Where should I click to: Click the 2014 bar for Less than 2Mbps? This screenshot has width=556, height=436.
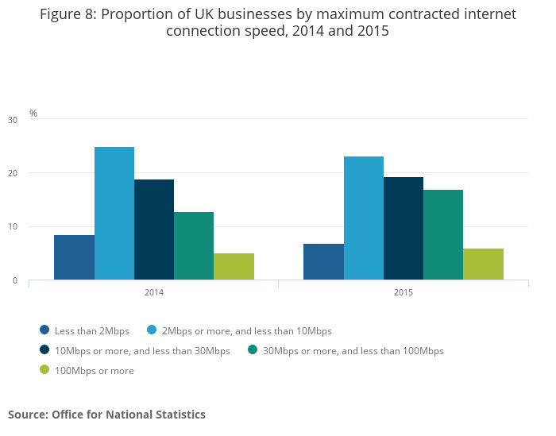coord(74,257)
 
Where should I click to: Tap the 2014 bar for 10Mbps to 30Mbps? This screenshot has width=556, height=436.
coord(154,230)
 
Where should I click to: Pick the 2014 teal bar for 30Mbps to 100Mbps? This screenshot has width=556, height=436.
coord(194,245)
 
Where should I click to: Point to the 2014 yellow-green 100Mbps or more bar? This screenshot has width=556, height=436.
coord(234,266)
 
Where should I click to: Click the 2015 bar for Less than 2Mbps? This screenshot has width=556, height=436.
coord(323,261)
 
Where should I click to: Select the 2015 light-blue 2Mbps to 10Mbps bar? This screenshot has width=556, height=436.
coord(364,218)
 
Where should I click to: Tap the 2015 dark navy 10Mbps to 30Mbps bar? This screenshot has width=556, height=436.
coord(403,228)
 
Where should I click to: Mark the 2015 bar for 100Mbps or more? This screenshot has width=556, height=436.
coord(483,264)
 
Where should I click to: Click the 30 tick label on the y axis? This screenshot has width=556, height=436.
coord(12,120)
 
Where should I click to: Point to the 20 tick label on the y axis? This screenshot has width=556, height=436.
coord(12,173)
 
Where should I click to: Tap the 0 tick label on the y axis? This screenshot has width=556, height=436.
coord(14,280)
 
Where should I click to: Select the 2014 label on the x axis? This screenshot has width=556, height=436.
coord(154,292)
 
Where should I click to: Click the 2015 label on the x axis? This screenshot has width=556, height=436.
coord(403,292)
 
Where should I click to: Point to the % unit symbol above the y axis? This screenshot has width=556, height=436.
coord(33,113)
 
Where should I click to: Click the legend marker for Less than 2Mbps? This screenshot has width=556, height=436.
coord(44,330)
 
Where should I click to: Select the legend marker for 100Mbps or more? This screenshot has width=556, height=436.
coord(44,370)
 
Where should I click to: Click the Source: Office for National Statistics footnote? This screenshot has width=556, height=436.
coord(106,415)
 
